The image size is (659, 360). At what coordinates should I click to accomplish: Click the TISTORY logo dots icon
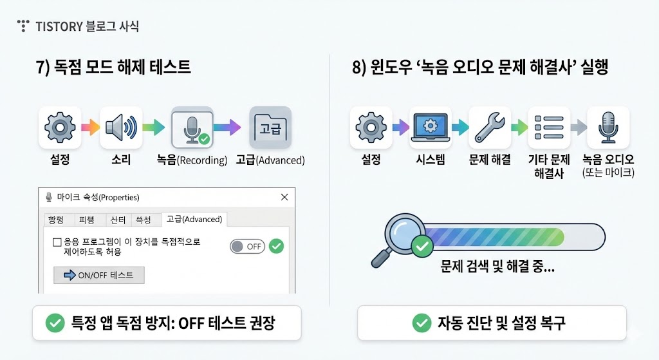pos(24,26)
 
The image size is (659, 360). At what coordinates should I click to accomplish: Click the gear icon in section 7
pos(60,127)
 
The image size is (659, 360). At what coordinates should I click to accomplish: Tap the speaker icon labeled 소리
pos(120,127)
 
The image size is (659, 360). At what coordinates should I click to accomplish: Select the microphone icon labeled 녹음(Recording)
pos(192,128)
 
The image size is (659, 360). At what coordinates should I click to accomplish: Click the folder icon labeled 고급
pos(270,127)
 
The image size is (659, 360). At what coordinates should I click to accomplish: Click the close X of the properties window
pos(284,197)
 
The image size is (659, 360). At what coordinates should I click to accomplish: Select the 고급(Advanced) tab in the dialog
pos(194,220)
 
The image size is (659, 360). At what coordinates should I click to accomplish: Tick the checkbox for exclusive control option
pos(57,242)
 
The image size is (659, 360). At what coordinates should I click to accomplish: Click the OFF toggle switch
pos(247,247)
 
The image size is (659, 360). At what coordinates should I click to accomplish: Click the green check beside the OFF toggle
pos(276,246)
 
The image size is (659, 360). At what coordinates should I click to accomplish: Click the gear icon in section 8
pos(371,128)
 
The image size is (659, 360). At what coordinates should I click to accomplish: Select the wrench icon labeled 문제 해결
pos(490,128)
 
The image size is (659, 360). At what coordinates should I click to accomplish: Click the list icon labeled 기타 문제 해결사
pos(549,128)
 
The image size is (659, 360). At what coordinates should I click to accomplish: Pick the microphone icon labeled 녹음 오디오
pos(608,128)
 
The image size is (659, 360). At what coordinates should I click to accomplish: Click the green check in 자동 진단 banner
pos(422,323)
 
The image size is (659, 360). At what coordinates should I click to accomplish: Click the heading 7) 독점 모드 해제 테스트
pos(113,68)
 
